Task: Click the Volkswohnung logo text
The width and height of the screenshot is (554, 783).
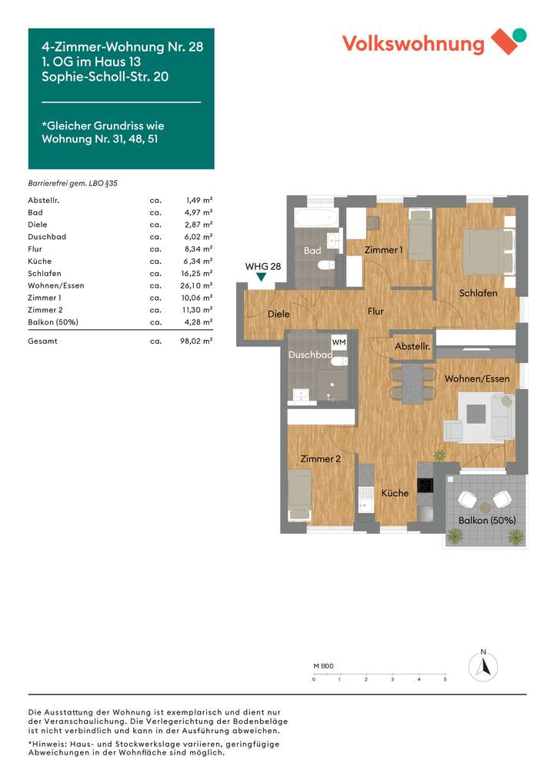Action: [413, 43]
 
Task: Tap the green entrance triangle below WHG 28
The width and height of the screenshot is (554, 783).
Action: [262, 278]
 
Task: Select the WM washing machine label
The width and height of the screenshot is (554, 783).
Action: [339, 342]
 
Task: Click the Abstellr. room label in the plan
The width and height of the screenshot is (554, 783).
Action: [412, 348]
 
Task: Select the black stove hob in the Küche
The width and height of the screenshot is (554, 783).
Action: [425, 485]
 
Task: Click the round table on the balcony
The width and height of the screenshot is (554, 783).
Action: [486, 508]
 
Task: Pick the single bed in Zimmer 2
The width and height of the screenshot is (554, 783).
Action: [299, 494]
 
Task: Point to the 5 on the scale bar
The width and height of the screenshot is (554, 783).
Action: [445, 680]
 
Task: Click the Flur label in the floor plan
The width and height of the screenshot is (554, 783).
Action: [375, 312]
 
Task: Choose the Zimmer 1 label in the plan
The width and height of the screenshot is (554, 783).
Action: [383, 250]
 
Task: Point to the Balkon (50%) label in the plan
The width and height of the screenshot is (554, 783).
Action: [486, 520]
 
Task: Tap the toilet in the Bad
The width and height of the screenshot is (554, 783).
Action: [327, 265]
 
